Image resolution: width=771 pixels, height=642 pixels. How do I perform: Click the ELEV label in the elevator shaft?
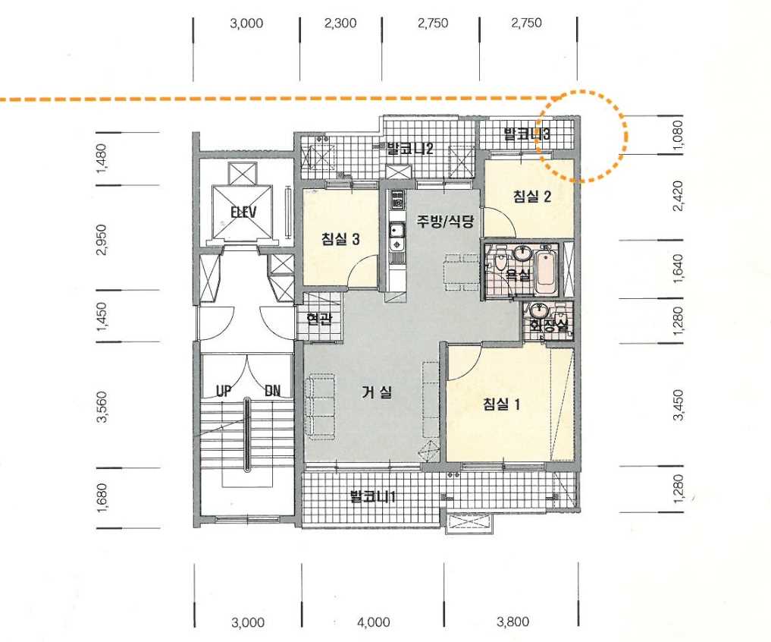[x=243, y=212]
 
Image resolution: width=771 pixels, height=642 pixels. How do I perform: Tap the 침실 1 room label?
[x=502, y=404]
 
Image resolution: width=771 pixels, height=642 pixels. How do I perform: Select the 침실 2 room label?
[x=532, y=197]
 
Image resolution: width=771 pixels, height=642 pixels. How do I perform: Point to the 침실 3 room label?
[x=340, y=239]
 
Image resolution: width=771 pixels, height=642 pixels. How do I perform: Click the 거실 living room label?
[x=377, y=392]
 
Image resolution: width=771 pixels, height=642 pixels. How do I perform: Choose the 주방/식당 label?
[x=446, y=221]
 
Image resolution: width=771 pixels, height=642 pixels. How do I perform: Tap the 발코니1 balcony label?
[x=373, y=496]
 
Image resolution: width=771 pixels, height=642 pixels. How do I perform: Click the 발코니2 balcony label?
[x=410, y=148]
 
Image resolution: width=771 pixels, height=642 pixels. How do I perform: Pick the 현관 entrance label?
[x=319, y=319]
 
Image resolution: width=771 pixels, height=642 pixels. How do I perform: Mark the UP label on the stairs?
[x=224, y=391]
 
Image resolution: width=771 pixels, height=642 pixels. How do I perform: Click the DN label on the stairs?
[x=273, y=391]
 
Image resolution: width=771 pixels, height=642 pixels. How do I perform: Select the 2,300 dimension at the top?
[x=340, y=23]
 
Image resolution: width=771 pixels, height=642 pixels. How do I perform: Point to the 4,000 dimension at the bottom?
[x=374, y=622]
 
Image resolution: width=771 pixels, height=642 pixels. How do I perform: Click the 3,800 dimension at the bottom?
[x=512, y=622]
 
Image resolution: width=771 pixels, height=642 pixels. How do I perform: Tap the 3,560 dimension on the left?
[x=102, y=407]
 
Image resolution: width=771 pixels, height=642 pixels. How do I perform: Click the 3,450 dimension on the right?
[x=678, y=405]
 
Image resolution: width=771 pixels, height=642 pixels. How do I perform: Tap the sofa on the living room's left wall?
[x=320, y=407]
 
